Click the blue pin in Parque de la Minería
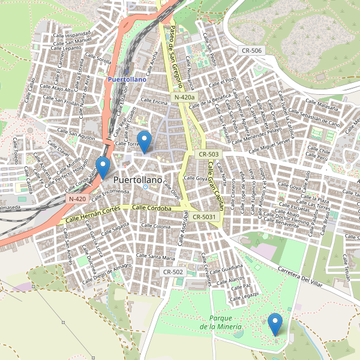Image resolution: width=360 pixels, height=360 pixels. [275, 324]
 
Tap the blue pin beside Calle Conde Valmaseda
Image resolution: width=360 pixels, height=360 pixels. [103, 167]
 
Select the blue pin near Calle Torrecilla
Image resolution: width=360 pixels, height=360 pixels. [144, 141]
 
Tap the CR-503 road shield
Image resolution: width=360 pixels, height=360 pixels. [209, 154]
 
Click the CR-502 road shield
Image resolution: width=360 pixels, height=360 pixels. [173, 272]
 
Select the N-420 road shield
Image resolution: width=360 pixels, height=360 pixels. [77, 198]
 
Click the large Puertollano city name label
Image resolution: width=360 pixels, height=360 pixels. [137, 179]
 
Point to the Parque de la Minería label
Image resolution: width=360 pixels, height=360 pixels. [221, 322]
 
